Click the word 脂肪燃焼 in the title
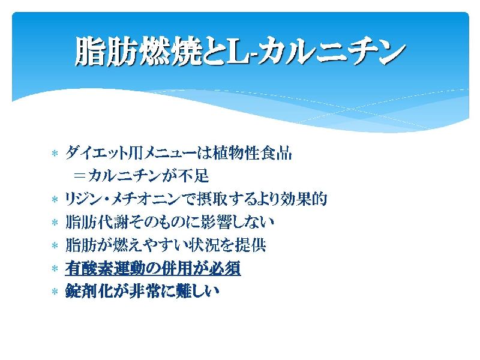pyautogui.click(x=138, y=51)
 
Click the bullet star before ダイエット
pyautogui.click(x=55, y=153)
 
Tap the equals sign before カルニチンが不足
pyautogui.click(x=79, y=176)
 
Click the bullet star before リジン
pyautogui.click(x=55, y=200)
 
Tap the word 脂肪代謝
pyautogui.click(x=97, y=222)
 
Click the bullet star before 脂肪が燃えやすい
pyautogui.click(x=55, y=245)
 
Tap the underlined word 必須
pyautogui.click(x=225, y=268)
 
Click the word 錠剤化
pyautogui.click(x=89, y=291)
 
